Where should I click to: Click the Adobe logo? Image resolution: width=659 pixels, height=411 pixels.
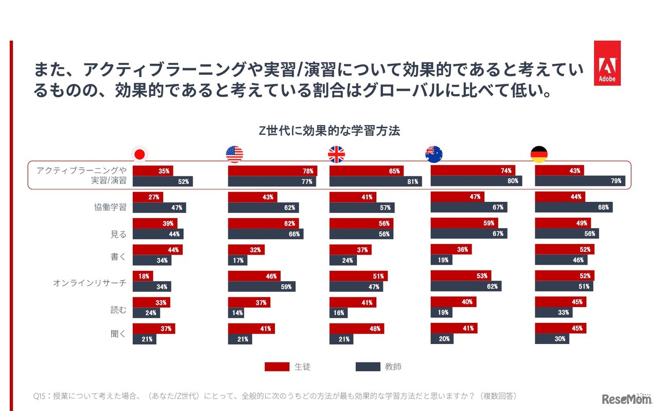[x=607, y=63]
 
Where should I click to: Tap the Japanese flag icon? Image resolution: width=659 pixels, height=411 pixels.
[x=138, y=154]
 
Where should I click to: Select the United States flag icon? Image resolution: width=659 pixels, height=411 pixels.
[x=234, y=154]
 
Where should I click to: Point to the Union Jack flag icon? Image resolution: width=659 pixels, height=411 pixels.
[x=336, y=154]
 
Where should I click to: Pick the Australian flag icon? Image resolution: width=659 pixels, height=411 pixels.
[x=434, y=154]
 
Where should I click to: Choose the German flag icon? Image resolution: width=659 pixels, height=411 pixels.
[x=539, y=154]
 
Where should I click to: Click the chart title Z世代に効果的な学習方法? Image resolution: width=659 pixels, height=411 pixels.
[x=329, y=131]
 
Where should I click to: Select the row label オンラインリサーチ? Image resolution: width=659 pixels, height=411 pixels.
[x=90, y=283]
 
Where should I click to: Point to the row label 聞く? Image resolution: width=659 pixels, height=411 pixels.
[x=118, y=334]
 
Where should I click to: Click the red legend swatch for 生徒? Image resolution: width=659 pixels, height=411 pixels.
[x=277, y=367]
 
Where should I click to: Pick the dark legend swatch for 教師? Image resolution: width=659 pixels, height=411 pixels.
[x=368, y=367]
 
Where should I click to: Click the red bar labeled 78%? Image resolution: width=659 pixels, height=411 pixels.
[x=272, y=171]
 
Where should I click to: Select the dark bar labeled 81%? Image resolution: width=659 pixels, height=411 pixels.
[x=375, y=181]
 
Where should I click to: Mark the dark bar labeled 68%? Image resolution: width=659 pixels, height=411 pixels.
[x=574, y=207]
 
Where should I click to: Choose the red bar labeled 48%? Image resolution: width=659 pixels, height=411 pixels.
[x=356, y=329]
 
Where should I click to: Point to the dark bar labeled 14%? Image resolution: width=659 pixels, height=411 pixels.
[x=236, y=313]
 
